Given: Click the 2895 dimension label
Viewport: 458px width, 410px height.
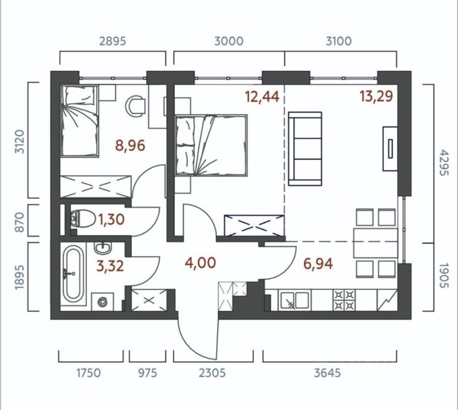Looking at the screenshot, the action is point(113,41).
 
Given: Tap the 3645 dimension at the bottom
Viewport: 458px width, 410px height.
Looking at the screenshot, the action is point(327,373).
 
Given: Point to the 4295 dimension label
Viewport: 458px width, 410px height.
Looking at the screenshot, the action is point(443,163).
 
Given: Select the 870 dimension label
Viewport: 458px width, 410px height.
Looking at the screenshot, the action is point(19,222).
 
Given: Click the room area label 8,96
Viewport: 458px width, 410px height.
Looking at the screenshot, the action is point(130,145).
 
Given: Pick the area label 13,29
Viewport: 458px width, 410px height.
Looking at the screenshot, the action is point(376,96).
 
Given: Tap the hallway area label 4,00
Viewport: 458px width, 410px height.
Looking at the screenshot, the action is point(201,262).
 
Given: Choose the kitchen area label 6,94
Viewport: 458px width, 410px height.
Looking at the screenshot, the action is point(318,264).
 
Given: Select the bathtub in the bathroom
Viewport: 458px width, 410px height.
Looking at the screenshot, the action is point(73,274).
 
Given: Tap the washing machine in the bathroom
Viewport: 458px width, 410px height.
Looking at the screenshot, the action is point(103,302).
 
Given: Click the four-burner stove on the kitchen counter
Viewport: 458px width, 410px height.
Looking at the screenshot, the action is point(344,300).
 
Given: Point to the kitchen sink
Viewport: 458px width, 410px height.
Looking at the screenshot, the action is point(294,300).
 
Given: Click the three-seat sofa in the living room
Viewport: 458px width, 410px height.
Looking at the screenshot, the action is point(305,149).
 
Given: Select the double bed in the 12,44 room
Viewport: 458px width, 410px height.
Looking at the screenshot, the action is point(211,145).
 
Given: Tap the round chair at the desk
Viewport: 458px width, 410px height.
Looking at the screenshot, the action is point(135,107).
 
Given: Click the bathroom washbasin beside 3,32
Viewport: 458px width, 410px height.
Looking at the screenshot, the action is point(103,248).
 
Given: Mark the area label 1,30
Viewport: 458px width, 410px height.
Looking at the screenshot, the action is point(111,220).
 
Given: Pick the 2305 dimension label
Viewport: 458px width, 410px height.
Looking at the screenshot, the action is point(212,373).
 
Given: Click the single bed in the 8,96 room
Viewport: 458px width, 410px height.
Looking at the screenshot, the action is point(79,121).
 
